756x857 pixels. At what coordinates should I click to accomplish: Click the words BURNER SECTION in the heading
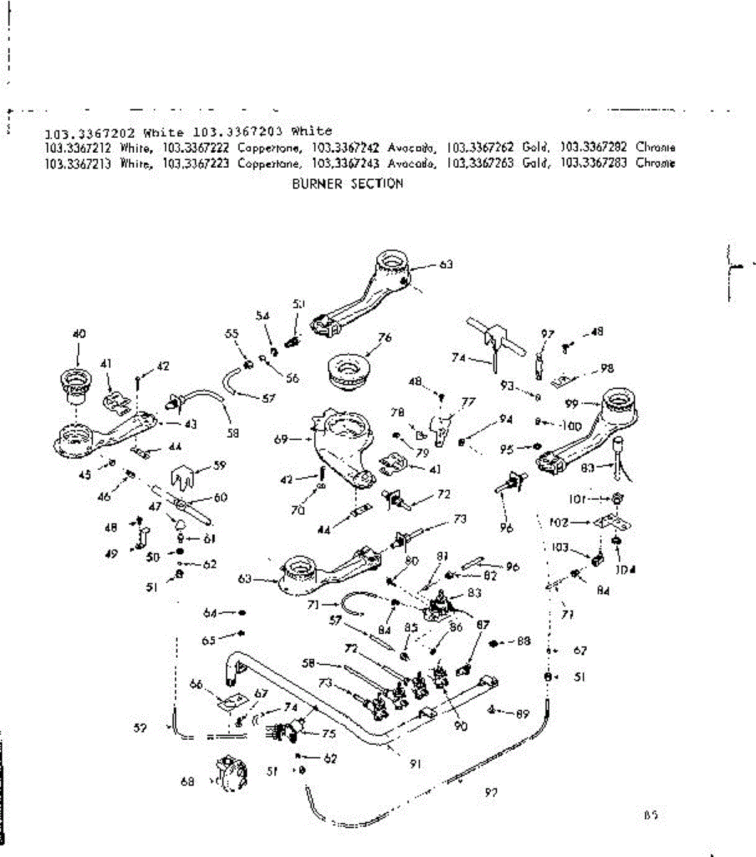coord(348,184)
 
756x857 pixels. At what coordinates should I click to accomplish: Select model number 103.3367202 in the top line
coord(91,132)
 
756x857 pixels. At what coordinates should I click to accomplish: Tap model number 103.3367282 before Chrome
coord(593,147)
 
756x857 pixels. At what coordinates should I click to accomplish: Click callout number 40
coord(79,333)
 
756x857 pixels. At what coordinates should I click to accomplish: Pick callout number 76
coord(385,338)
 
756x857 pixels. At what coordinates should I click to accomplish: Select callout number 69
coord(281,440)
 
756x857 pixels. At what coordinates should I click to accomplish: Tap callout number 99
coord(571,402)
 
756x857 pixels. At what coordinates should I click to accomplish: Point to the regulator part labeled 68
coord(228,774)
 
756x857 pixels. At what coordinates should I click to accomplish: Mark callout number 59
coord(220,466)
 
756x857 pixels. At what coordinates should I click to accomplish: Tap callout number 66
coord(196,685)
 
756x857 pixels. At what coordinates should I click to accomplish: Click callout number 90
coord(461,726)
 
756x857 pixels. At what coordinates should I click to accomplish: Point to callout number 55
coord(231,334)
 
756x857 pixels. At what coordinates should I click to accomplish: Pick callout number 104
coord(628,569)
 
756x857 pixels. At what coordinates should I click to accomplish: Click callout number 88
coord(523,641)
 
